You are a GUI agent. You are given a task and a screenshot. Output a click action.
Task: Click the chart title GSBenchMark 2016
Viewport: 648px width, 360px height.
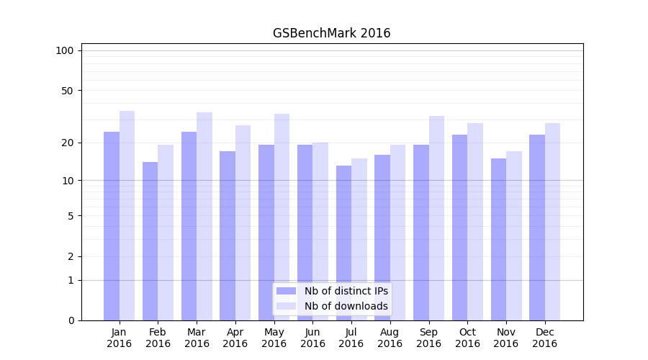(x=331, y=33)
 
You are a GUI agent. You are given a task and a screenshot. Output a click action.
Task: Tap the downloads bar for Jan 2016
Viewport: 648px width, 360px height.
(x=127, y=216)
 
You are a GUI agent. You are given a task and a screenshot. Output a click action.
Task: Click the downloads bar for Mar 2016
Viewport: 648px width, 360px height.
(x=204, y=216)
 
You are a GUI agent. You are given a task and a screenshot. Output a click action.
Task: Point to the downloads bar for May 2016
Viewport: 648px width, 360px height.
(x=282, y=217)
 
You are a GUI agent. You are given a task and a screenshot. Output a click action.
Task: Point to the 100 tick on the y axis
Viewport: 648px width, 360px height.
(x=65, y=50)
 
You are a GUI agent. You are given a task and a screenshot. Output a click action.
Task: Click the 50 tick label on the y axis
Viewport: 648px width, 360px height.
(x=68, y=91)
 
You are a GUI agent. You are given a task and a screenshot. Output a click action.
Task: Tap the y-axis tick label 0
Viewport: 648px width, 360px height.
(x=71, y=320)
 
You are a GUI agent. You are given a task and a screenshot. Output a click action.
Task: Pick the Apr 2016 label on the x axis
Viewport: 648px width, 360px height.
(x=235, y=338)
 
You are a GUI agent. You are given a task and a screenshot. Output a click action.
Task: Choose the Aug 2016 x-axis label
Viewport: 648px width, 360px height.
(x=390, y=338)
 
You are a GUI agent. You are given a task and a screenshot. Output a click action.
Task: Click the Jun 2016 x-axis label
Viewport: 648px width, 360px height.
(x=312, y=338)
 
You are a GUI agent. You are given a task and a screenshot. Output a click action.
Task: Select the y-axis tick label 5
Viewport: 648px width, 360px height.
(x=71, y=215)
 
